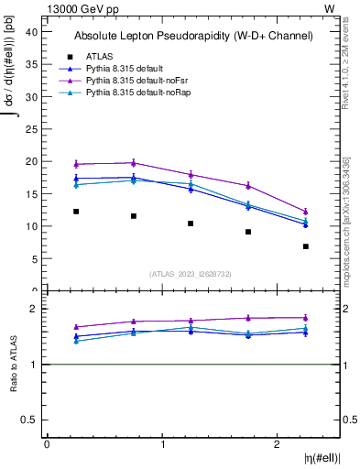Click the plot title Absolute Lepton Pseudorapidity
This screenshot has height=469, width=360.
click(193, 36)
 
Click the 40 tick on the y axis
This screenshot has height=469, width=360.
click(32, 31)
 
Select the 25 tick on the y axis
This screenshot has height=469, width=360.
click(32, 128)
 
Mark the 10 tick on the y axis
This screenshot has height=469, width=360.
click(32, 226)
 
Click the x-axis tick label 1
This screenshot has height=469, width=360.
click(162, 444)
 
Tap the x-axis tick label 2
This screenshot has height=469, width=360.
click(278, 444)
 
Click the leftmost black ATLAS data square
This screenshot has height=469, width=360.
click(76, 212)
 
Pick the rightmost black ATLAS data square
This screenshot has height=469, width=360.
click(306, 246)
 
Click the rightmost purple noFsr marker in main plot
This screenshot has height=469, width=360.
click(306, 212)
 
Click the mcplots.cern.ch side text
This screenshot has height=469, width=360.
click(346, 234)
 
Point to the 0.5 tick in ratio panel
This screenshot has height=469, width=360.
click(32, 420)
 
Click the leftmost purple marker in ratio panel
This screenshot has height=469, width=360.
click(76, 327)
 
